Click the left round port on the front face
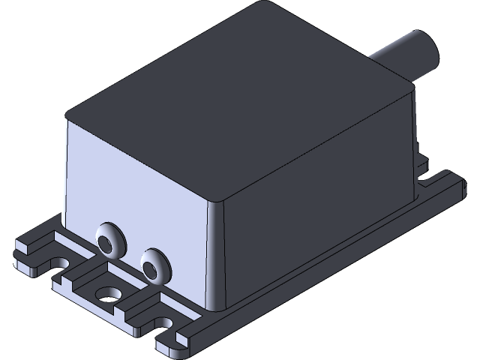(110, 240)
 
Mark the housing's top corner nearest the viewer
(217, 201)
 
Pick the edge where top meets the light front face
(142, 158)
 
